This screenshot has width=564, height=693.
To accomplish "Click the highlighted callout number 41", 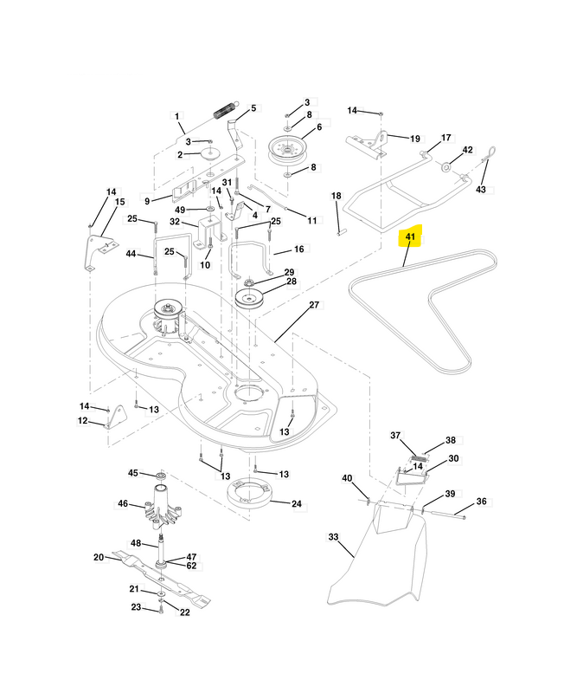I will (x=409, y=237).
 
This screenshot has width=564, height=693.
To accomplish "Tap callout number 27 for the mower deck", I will (x=314, y=305).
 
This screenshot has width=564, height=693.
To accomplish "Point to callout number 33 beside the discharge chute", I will (x=333, y=537).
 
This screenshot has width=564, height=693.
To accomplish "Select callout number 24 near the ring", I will (x=297, y=503).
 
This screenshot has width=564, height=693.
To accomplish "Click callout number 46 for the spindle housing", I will (x=123, y=503).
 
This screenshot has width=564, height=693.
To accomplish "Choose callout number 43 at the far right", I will (x=481, y=189).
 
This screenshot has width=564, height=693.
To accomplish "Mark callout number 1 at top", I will (x=176, y=115).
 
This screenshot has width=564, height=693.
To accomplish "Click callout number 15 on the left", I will (x=119, y=202).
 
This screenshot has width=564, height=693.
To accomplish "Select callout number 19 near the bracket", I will (x=414, y=139).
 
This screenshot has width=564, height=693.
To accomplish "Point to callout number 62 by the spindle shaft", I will (x=191, y=566).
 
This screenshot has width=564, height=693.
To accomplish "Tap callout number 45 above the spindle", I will (x=133, y=473).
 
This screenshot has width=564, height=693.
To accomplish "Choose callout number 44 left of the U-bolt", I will (x=131, y=254).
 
